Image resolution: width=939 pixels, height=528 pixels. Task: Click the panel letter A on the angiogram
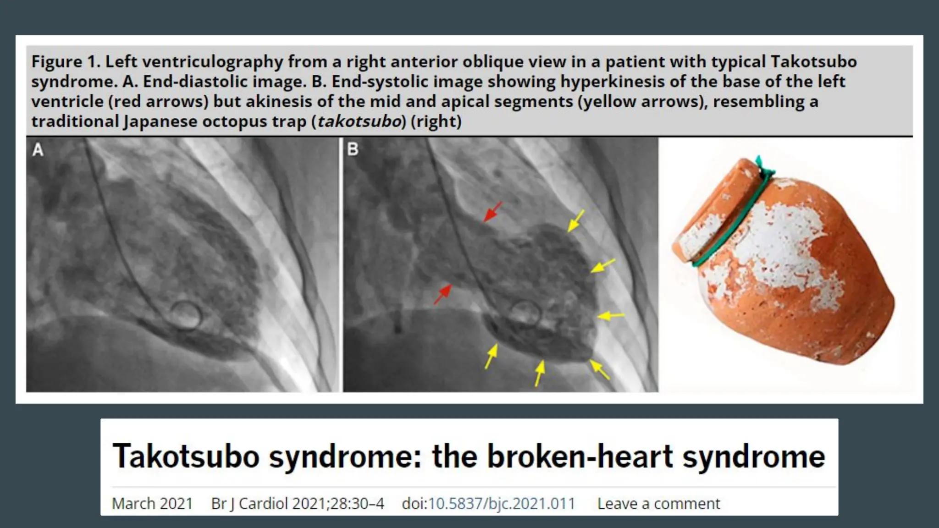[x=38, y=150]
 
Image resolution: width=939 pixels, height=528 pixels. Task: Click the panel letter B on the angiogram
[x=353, y=149]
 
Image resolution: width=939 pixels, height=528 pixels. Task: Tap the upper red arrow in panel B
[x=493, y=212]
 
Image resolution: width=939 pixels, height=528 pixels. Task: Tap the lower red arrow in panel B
[x=443, y=293]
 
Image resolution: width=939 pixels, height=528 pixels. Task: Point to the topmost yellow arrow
[x=576, y=220]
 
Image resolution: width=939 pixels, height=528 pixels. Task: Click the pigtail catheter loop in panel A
[x=186, y=315]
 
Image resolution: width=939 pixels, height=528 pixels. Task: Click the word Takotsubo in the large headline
[x=186, y=456]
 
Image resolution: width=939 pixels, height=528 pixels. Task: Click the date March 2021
[x=152, y=503]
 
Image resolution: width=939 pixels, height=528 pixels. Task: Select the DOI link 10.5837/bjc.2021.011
[x=502, y=503]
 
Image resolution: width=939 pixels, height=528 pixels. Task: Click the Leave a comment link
[x=658, y=503]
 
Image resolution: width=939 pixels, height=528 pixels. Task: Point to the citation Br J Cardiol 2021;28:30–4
[x=298, y=503]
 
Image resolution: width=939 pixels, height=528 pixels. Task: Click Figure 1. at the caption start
[x=66, y=61]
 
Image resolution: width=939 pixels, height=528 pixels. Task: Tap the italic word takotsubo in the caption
[x=359, y=121]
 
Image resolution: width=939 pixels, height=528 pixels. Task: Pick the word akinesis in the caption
[x=279, y=101]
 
